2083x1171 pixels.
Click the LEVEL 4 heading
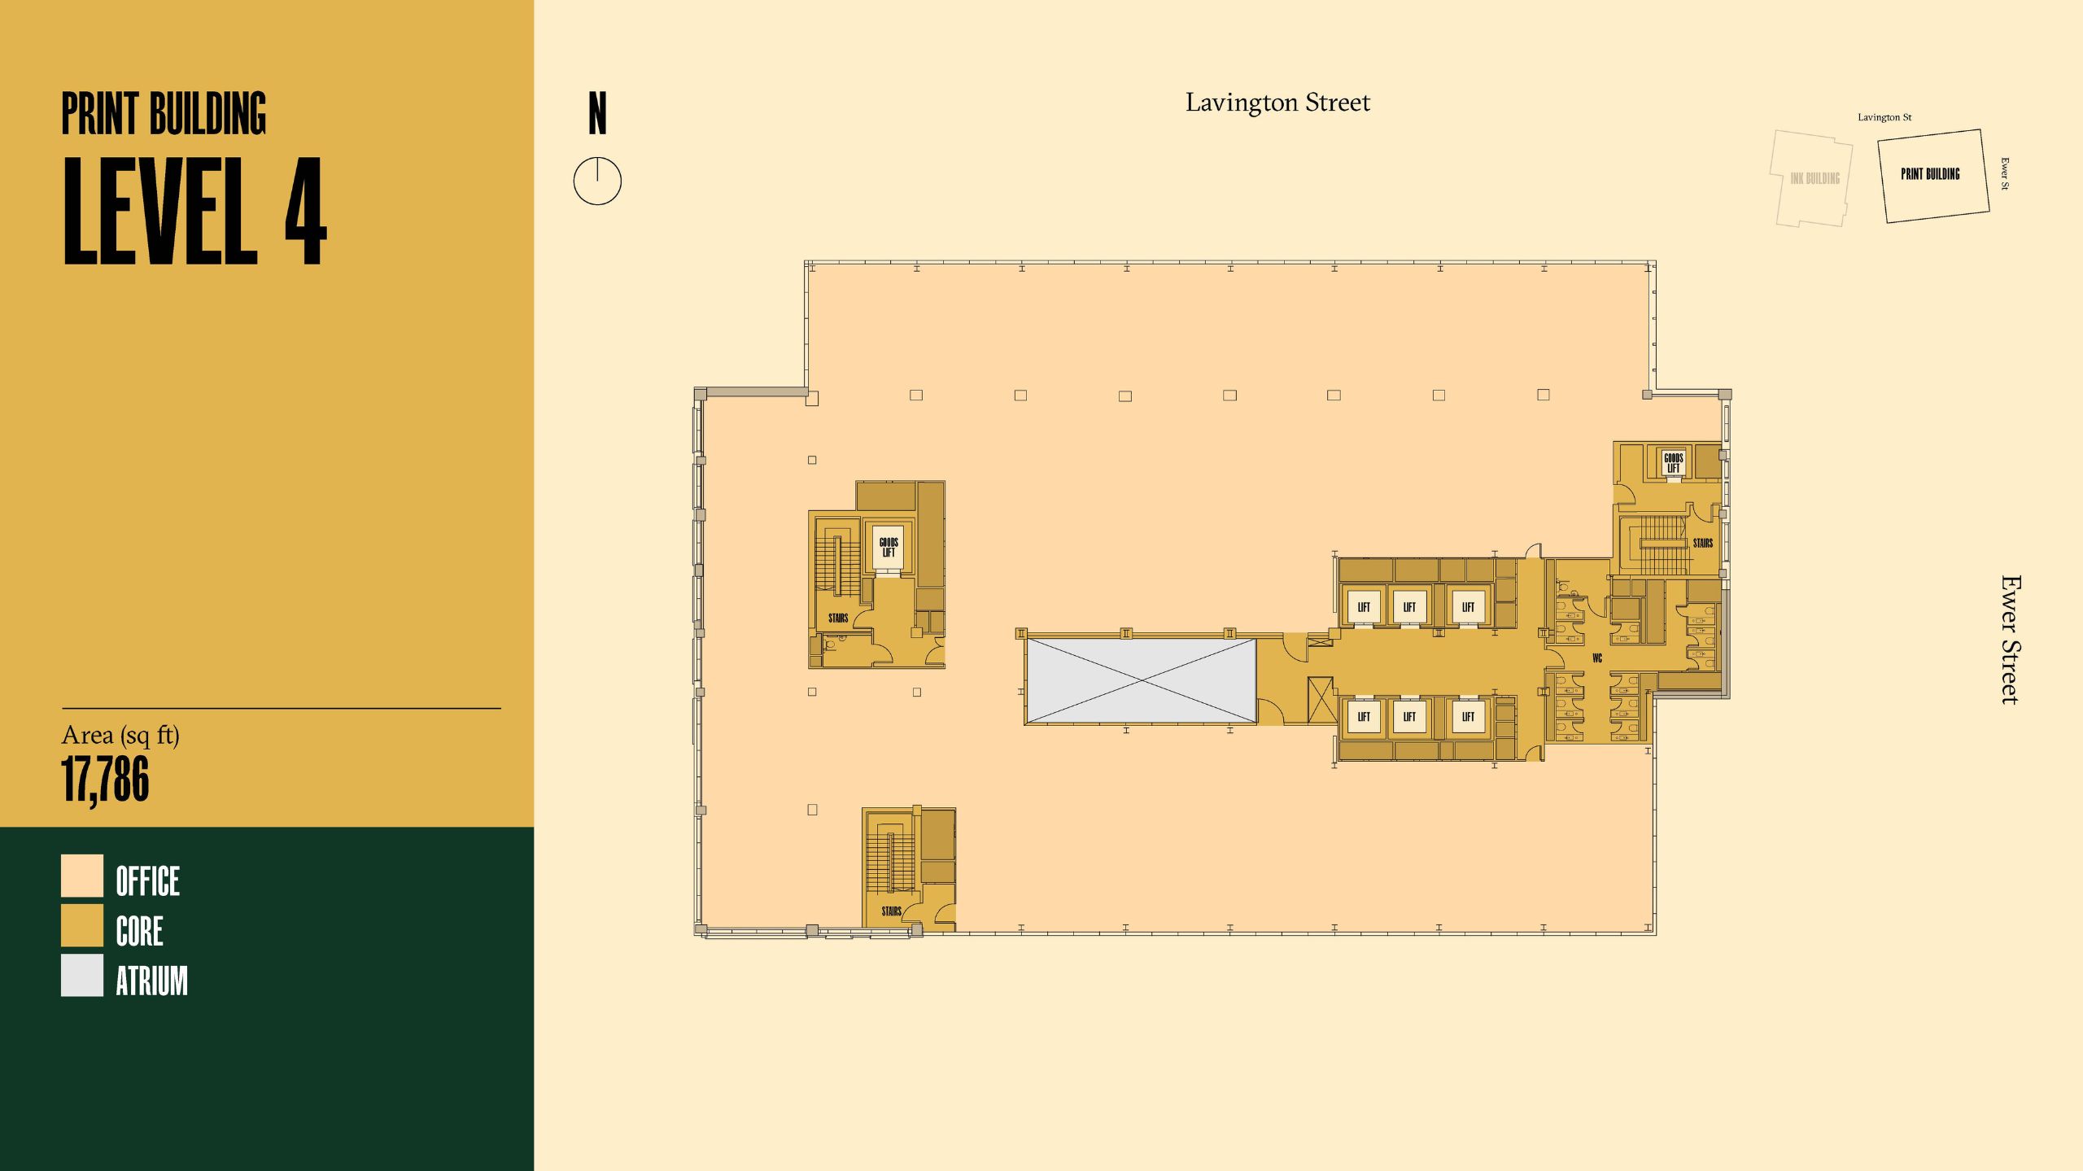click(194, 211)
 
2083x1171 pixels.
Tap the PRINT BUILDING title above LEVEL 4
click(164, 114)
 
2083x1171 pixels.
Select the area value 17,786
click(106, 779)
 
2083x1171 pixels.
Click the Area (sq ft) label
click(120, 736)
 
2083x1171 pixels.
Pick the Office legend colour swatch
click(82, 876)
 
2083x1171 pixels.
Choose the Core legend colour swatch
click(82, 926)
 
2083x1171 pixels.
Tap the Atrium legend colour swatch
click(82, 976)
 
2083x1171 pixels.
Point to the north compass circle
click(597, 181)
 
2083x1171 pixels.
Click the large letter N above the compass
click(597, 114)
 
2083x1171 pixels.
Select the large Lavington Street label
click(1277, 103)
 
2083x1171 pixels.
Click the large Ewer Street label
click(2011, 640)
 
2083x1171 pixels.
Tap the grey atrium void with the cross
click(1140, 680)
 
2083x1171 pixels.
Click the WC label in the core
click(1597, 658)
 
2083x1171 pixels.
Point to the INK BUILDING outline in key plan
click(1814, 178)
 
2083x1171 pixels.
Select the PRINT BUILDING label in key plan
click(1930, 174)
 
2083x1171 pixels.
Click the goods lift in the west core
click(889, 547)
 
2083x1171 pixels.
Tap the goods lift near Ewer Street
click(1673, 463)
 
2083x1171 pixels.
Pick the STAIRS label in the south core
click(891, 911)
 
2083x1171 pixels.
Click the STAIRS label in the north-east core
click(1703, 543)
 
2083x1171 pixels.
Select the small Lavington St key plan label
click(1884, 117)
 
